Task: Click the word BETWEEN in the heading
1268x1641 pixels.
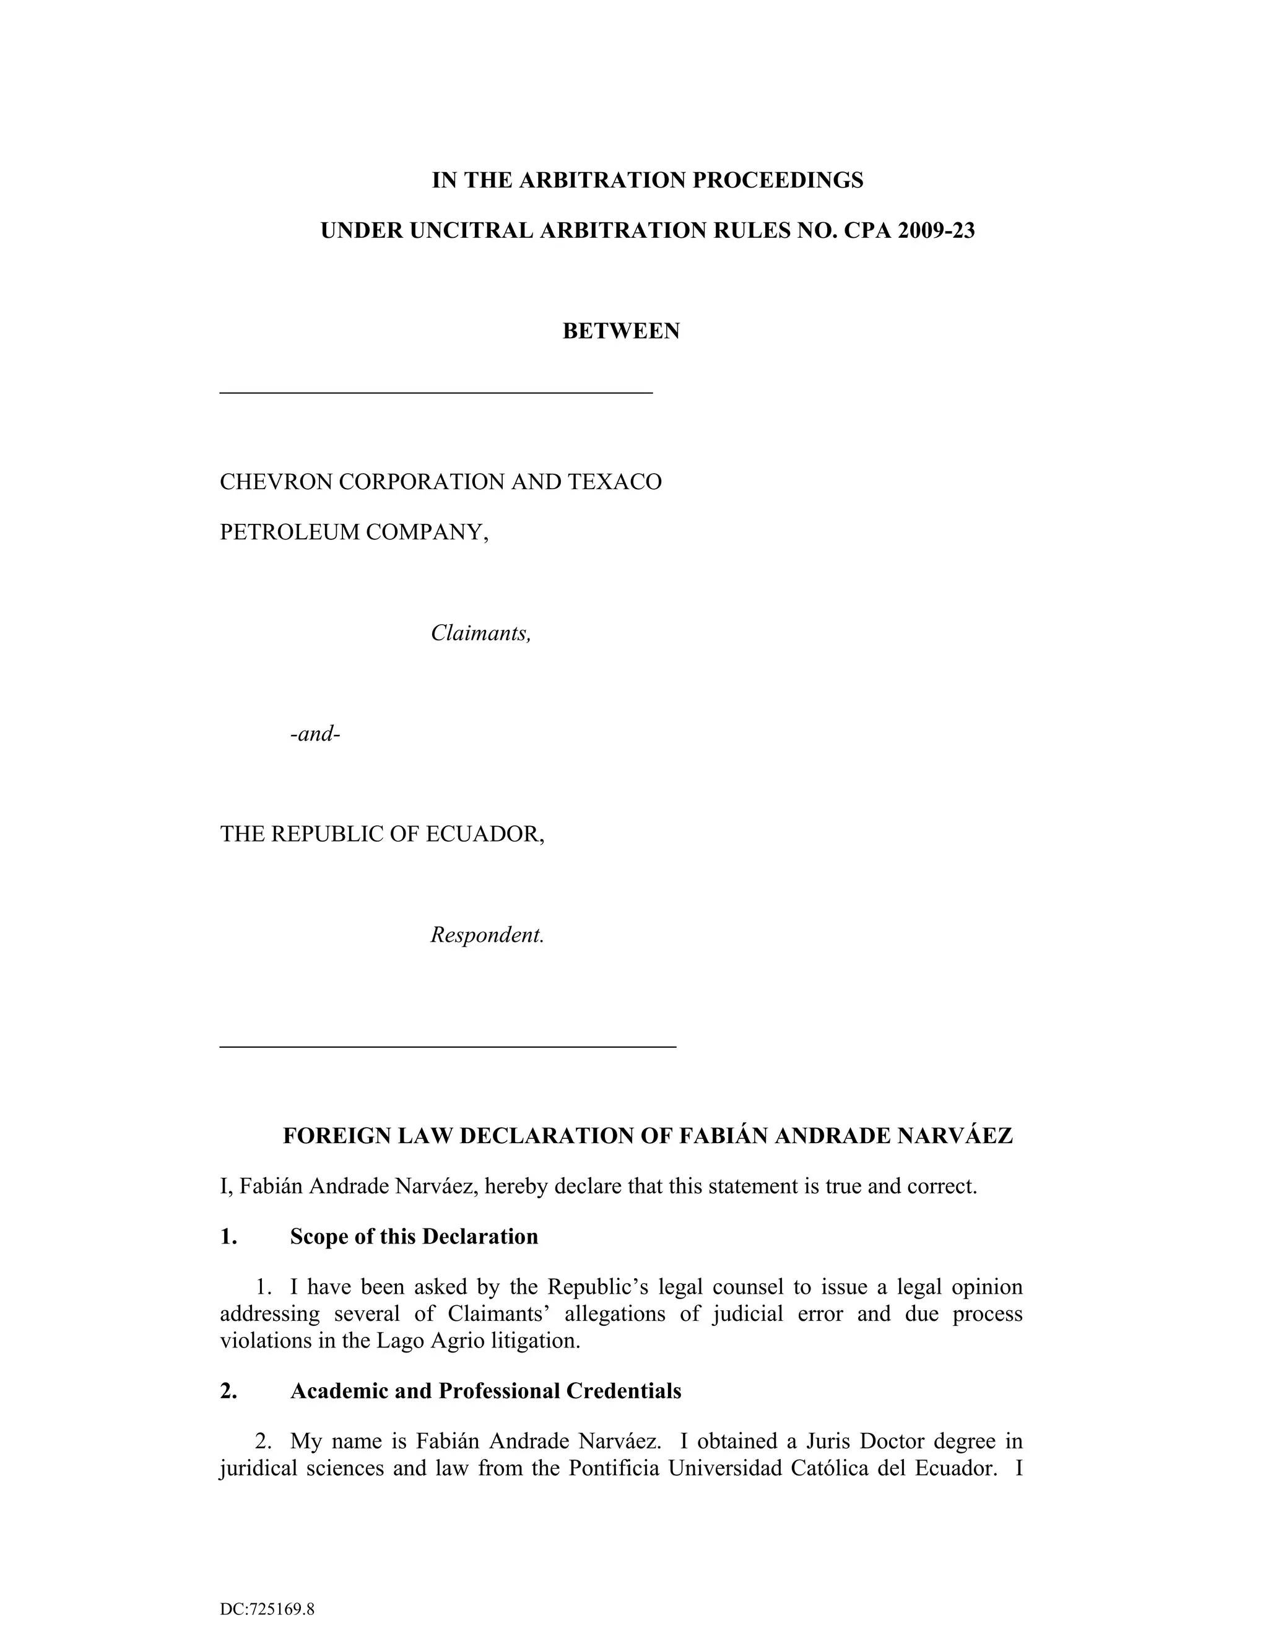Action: pyautogui.click(x=620, y=331)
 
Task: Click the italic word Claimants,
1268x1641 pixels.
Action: pyautogui.click(x=480, y=633)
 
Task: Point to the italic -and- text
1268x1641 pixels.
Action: pyautogui.click(x=315, y=733)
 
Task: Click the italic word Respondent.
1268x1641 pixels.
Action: pyautogui.click(x=487, y=936)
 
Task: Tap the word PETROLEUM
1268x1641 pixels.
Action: pyautogui.click(x=289, y=532)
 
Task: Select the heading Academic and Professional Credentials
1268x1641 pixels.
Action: pyautogui.click(x=485, y=1391)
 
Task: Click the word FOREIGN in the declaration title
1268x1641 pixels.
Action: pyautogui.click(x=328, y=1135)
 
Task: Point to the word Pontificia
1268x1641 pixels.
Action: pyautogui.click(x=614, y=1468)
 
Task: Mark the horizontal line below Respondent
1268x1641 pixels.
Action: pyautogui.click(x=448, y=1046)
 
